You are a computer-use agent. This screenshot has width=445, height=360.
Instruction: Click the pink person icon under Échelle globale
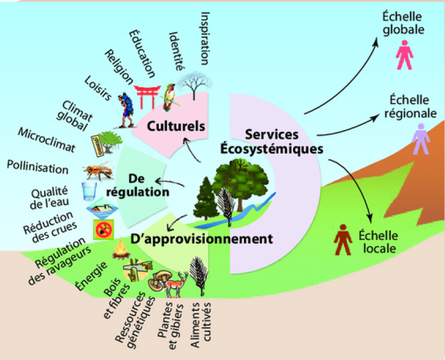pyautogui.click(x=404, y=55)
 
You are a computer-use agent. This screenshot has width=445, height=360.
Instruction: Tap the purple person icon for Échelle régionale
pyautogui.click(x=421, y=139)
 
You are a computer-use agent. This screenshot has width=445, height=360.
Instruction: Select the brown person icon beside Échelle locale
pyautogui.click(x=343, y=239)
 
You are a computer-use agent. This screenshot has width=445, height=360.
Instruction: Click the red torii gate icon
pyautogui.click(x=147, y=97)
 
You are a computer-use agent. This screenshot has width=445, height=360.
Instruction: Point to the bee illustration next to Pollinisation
pyautogui.click(x=98, y=171)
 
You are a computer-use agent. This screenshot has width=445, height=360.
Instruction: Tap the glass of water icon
pyautogui.click(x=89, y=192)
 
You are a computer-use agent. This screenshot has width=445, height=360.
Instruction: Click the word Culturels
pyautogui.click(x=176, y=126)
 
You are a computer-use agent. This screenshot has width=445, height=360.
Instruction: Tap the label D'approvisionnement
pyautogui.click(x=201, y=239)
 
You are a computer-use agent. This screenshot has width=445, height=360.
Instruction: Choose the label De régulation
pyautogui.click(x=138, y=185)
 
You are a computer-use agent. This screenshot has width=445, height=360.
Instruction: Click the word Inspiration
pyautogui.click(x=205, y=38)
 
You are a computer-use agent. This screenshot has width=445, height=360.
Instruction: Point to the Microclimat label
pyautogui.click(x=47, y=140)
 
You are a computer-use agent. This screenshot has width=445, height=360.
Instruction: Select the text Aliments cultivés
pyautogui.click(x=201, y=325)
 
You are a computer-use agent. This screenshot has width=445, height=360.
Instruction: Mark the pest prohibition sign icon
pyautogui.click(x=104, y=230)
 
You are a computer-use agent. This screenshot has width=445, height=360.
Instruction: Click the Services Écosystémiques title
pyautogui.click(x=272, y=141)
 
